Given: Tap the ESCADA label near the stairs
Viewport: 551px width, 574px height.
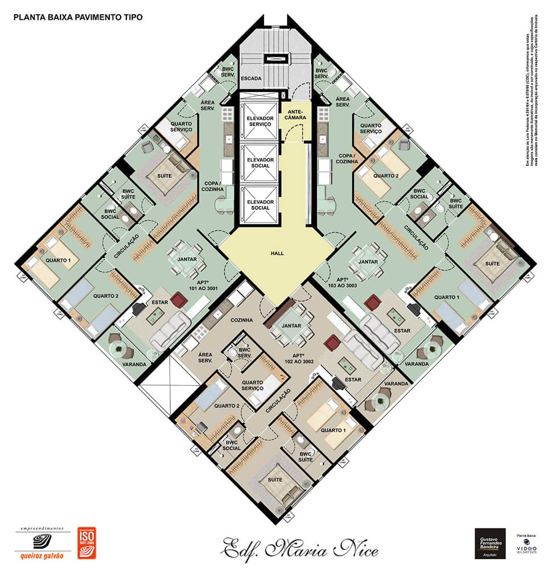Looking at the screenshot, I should click(x=251, y=78).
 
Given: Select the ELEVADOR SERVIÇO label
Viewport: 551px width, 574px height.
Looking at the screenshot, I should click(x=259, y=121).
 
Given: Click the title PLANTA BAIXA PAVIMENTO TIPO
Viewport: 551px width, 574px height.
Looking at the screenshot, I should click(x=78, y=17).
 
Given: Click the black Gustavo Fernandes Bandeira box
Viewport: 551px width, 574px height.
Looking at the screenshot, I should click(x=490, y=543).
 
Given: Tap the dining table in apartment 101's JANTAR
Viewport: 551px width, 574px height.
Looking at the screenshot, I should click(x=186, y=253).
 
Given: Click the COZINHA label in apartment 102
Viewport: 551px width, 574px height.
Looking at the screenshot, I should click(x=241, y=320).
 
